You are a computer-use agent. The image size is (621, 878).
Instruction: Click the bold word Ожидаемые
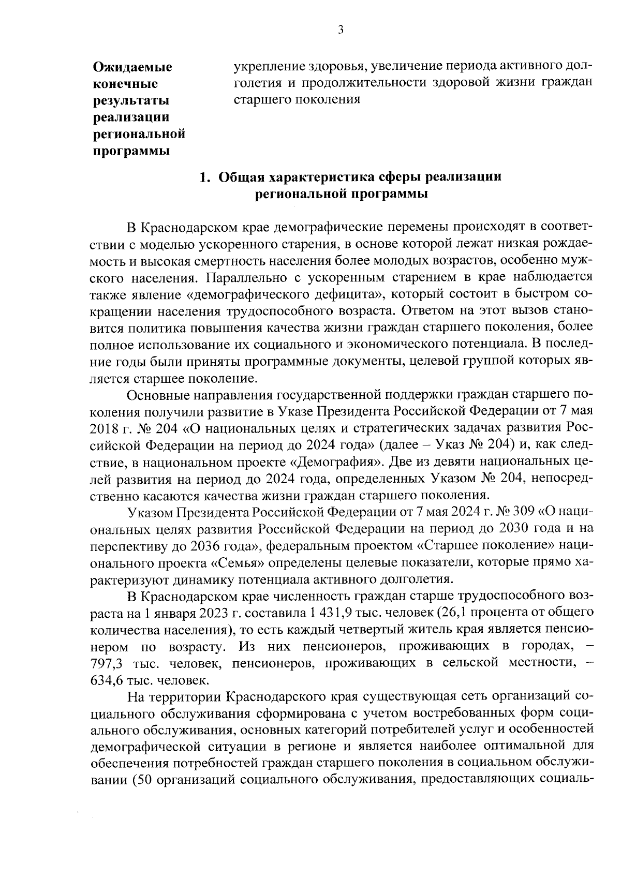point(132,67)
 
